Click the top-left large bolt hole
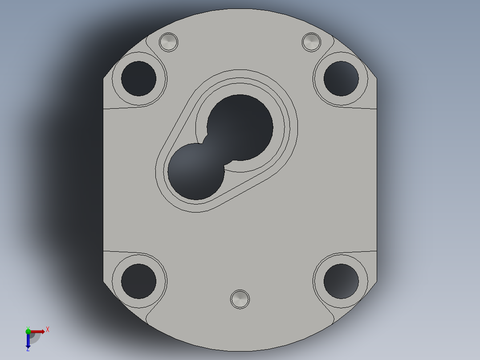tap(138, 78)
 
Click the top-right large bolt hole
tap(341, 78)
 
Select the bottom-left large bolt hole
tap(138, 281)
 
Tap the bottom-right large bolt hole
tap(341, 281)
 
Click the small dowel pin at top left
tap(168, 42)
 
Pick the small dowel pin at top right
tap(311, 42)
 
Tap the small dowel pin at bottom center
tap(240, 299)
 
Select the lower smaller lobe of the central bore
tap(196, 172)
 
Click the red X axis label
tap(48, 330)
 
